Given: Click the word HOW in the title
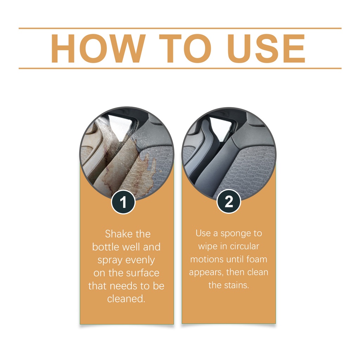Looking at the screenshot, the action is (x=98, y=49).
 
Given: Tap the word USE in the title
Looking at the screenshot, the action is (x=266, y=49).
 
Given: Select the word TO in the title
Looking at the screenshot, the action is (x=185, y=49).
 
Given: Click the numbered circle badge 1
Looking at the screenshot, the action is (x=123, y=202).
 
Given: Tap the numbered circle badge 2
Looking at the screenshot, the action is (x=229, y=201).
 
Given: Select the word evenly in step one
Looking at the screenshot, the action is (x=140, y=261).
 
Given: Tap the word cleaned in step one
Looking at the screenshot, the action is (x=126, y=299).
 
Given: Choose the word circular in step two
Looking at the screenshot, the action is (x=244, y=246).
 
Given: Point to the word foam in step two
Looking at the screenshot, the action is (x=257, y=259).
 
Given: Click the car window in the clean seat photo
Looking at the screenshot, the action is (x=220, y=127).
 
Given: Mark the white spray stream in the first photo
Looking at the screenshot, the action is (x=108, y=133).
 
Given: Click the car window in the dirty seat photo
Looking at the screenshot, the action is (x=121, y=125).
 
